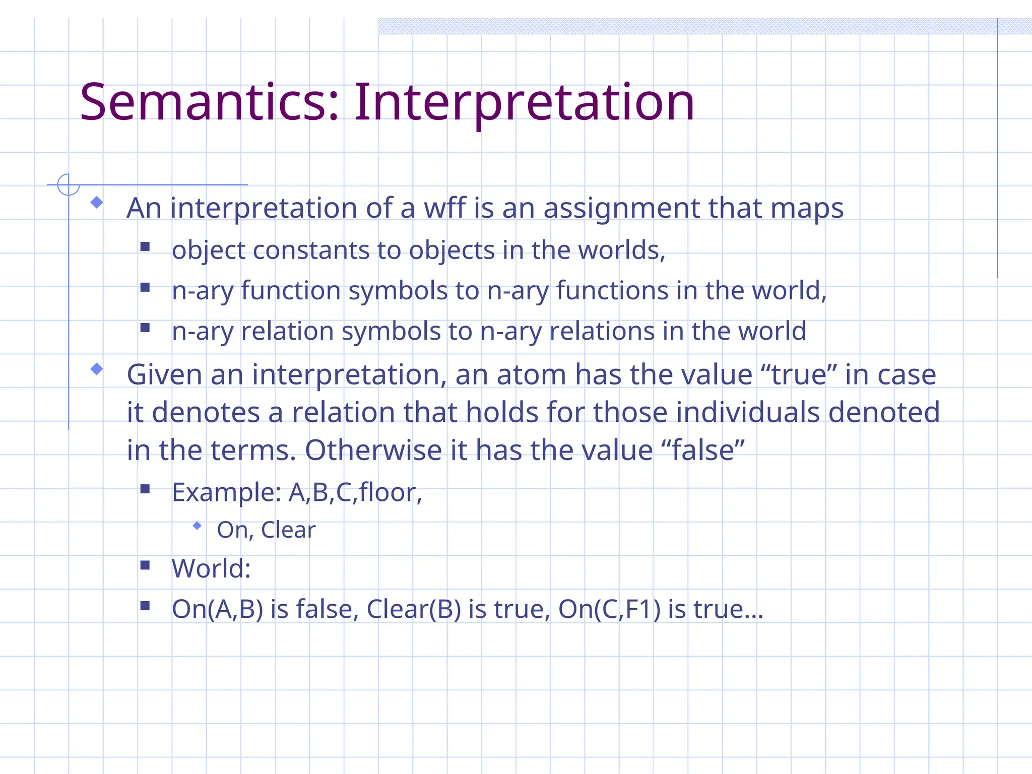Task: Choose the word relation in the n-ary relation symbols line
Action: (x=287, y=331)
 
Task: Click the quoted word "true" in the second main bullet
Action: (x=798, y=374)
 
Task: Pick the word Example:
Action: (x=226, y=492)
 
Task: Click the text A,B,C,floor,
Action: (x=355, y=492)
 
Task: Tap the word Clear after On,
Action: (x=288, y=530)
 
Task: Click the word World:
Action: (x=211, y=568)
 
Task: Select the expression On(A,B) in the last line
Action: (x=217, y=609)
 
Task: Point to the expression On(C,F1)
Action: (x=609, y=609)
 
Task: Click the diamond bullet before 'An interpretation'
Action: (x=97, y=203)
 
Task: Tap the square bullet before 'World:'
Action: (x=145, y=565)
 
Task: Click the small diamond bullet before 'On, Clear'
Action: (x=197, y=526)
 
